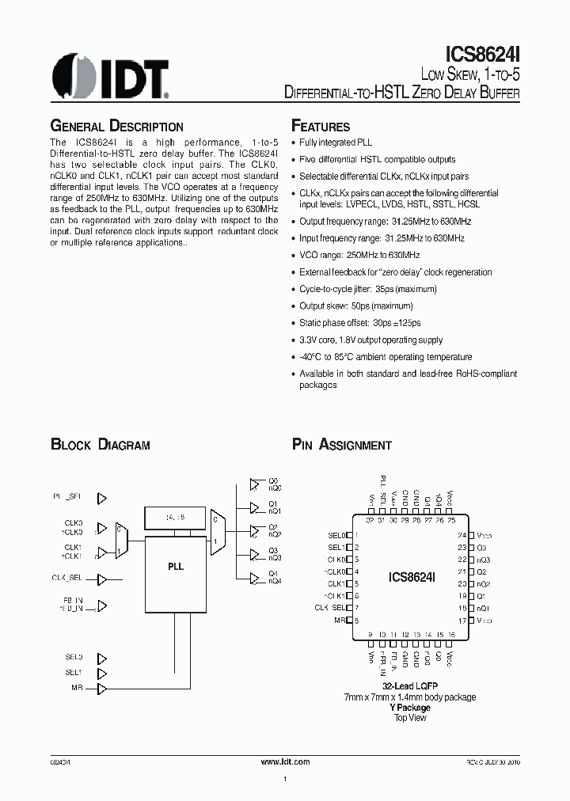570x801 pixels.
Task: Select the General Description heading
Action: tap(117, 127)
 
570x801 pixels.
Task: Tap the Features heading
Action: tap(321, 127)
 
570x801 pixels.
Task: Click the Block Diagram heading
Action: tap(101, 445)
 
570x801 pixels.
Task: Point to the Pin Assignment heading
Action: tap(342, 445)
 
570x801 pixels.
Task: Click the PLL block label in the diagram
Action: tap(175, 567)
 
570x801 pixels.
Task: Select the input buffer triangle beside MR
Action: tap(101, 688)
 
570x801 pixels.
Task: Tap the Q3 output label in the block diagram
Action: tap(274, 549)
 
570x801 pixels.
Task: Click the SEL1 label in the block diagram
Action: tap(74, 673)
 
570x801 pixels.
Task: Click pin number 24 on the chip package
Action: tap(461, 536)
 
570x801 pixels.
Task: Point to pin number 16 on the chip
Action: tap(451, 635)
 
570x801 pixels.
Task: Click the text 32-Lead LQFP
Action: tap(410, 685)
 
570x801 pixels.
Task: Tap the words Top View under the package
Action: tap(410, 717)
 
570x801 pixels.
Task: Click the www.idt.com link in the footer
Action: tap(285, 761)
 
